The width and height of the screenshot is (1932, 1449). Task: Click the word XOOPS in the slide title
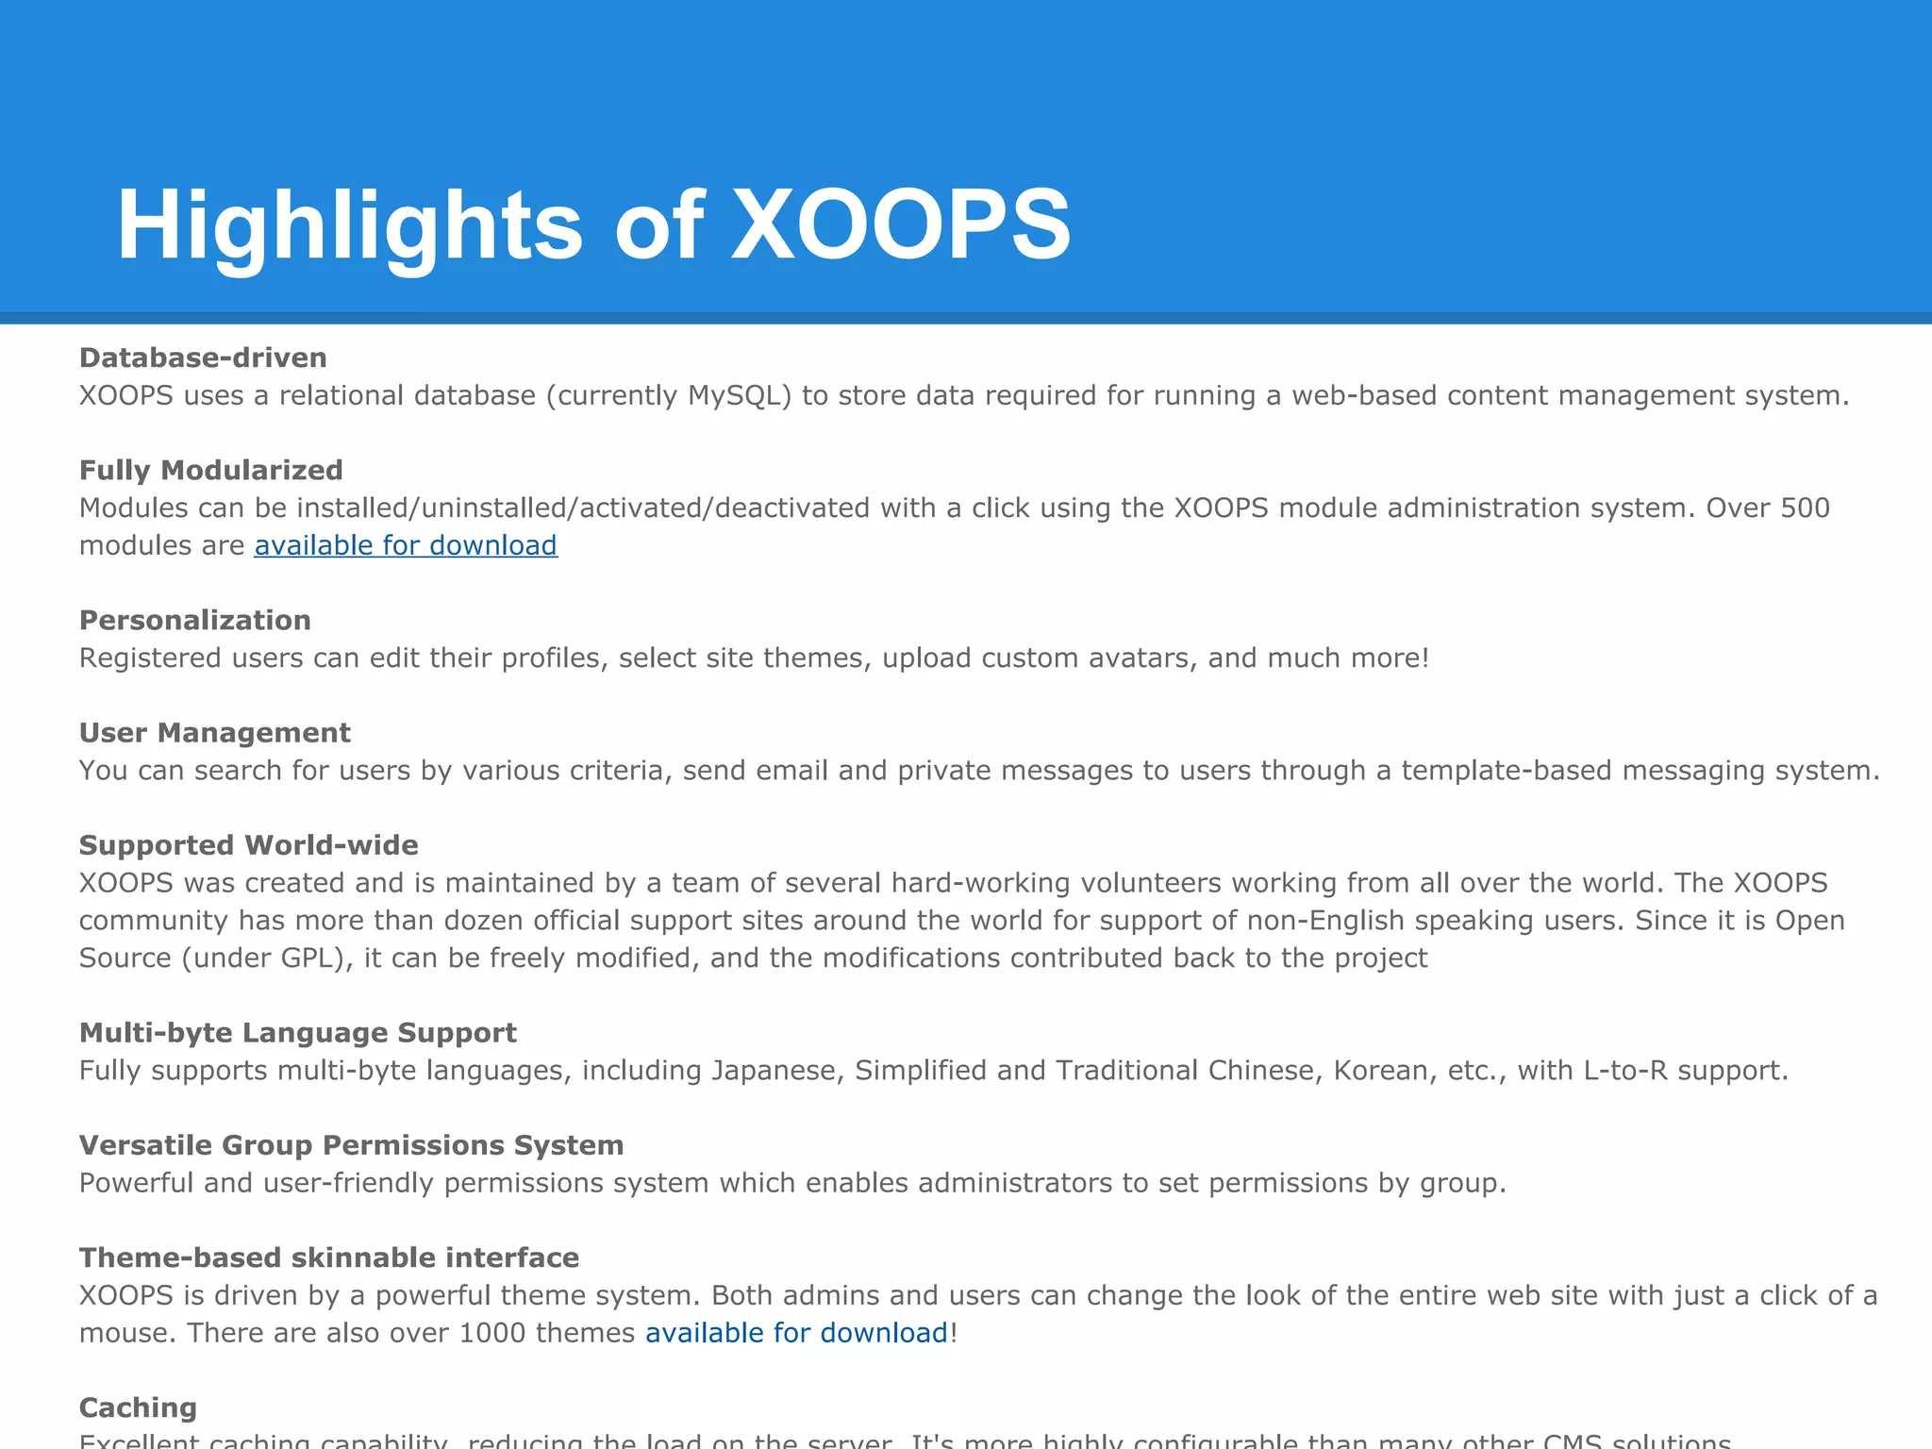pos(901,225)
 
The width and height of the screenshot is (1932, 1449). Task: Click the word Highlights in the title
pos(349,225)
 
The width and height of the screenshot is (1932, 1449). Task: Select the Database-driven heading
pos(203,358)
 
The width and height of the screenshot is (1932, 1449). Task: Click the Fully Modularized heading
pos(210,470)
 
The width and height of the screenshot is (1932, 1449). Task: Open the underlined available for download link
pos(406,545)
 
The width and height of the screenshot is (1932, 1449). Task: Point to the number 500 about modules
pos(1805,508)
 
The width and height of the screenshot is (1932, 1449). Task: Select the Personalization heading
pos(194,620)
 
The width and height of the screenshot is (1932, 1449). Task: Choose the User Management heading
pos(214,732)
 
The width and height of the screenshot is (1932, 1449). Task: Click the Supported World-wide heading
pos(248,844)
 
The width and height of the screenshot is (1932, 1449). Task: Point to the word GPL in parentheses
pos(308,958)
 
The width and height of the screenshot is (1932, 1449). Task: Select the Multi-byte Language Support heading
pos(297,1032)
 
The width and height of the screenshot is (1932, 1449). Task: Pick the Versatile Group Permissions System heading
pos(351,1144)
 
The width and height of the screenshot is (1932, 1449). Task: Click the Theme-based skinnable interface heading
pos(328,1257)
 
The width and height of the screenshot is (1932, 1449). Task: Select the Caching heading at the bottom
pos(138,1407)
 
